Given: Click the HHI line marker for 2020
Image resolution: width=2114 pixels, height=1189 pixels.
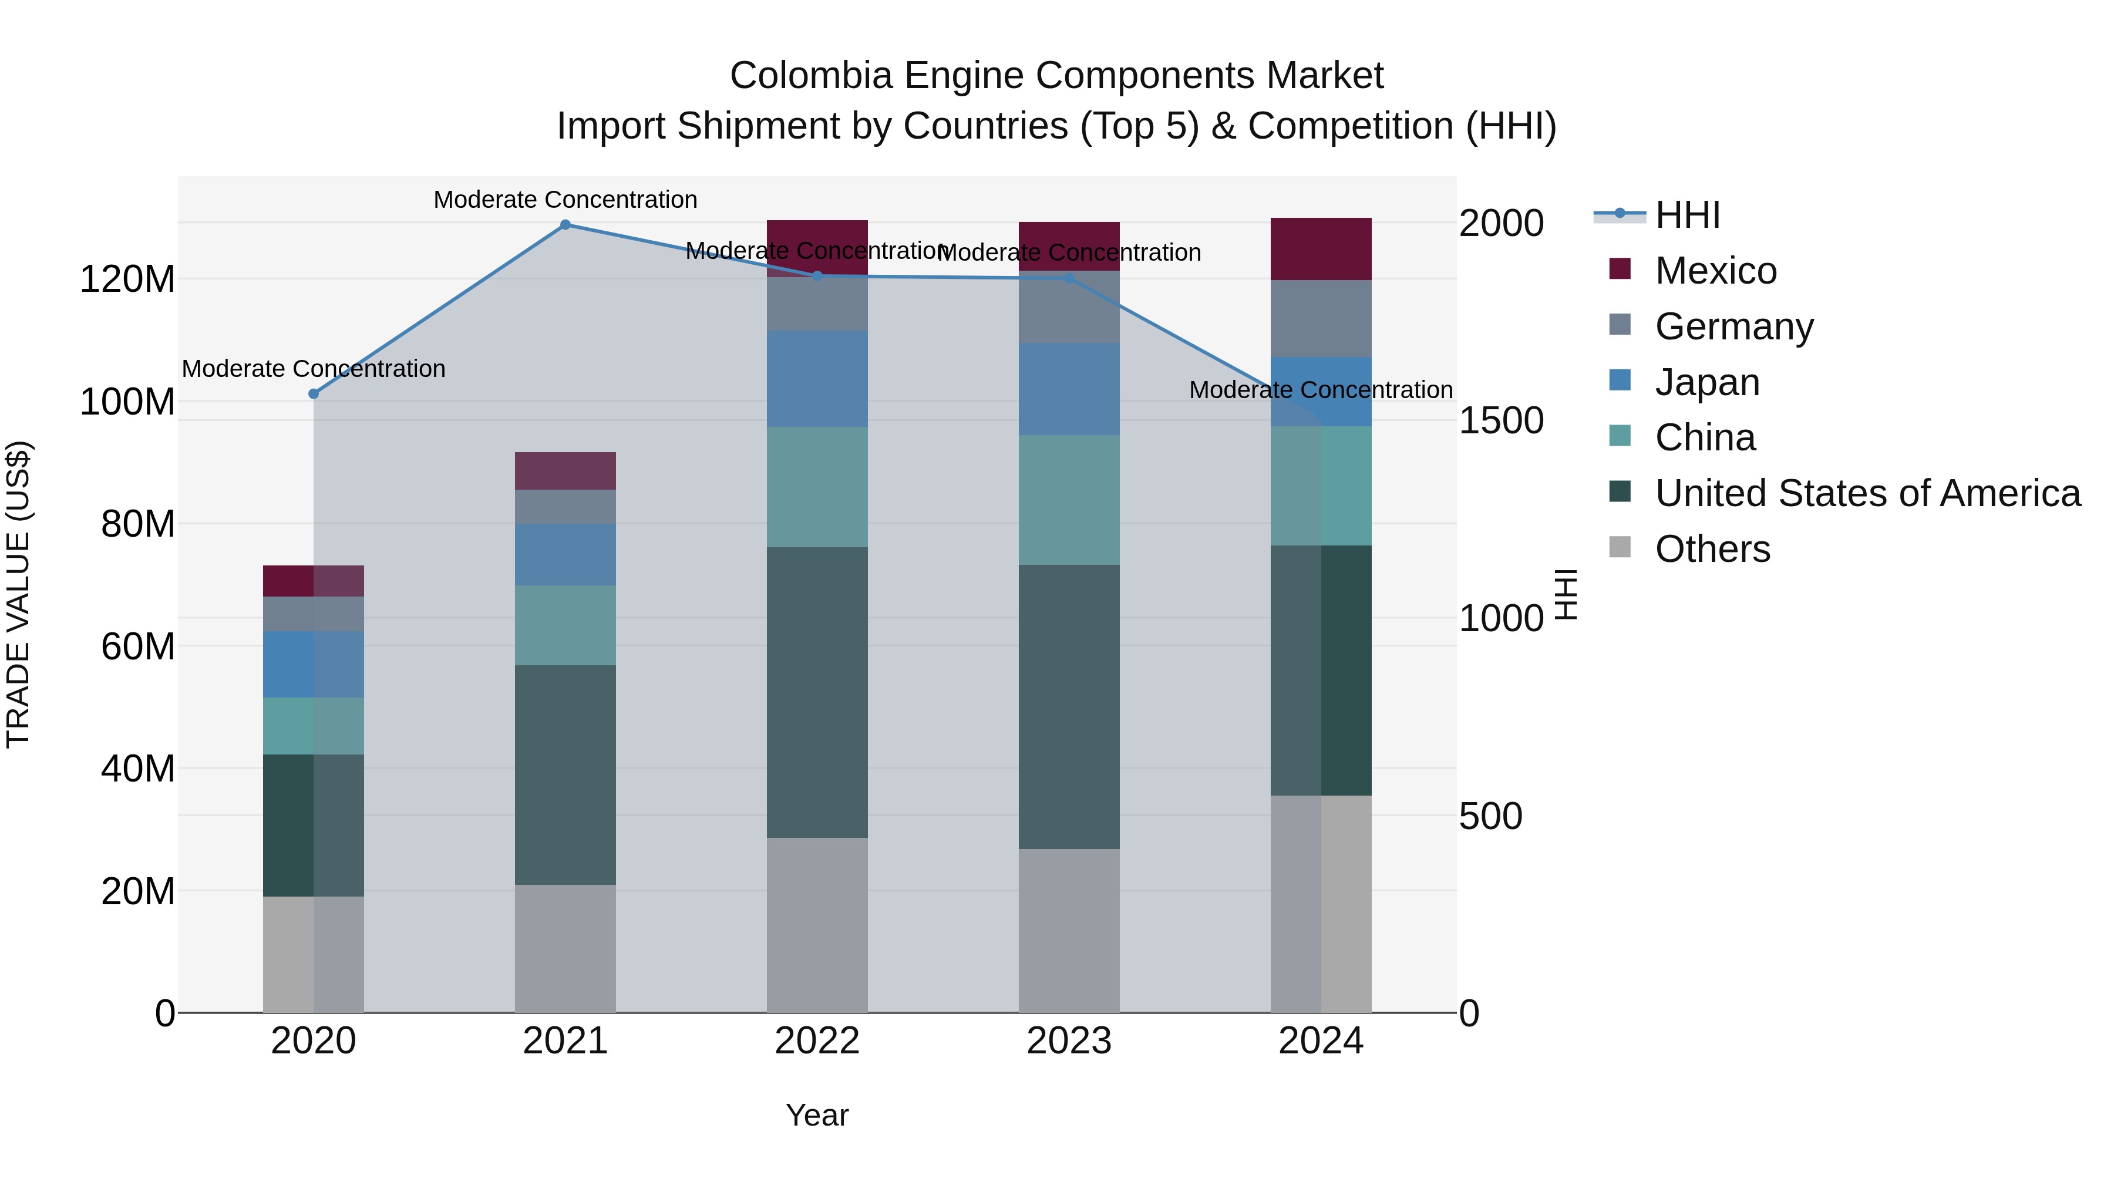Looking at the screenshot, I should [314, 394].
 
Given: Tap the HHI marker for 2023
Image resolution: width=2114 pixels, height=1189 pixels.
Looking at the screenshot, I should [1069, 278].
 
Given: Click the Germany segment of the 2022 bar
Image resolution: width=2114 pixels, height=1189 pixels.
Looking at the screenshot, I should [817, 304].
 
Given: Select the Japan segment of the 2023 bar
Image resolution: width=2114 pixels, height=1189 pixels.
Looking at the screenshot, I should [1069, 388].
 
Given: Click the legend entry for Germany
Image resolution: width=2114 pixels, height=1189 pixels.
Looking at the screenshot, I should [1733, 326].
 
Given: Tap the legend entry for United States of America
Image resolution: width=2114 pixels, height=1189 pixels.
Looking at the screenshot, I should [1867, 493].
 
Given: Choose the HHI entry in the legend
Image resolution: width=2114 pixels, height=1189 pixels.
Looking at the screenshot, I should [1687, 215].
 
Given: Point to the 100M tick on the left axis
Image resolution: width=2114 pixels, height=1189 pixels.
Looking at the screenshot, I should [127, 402].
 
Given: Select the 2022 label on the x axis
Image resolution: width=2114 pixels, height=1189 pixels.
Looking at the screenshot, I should [817, 1041].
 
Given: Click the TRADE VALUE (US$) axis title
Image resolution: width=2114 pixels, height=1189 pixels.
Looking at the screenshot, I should [18, 594].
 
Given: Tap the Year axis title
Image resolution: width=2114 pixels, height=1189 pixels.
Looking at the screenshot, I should [817, 1115].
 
